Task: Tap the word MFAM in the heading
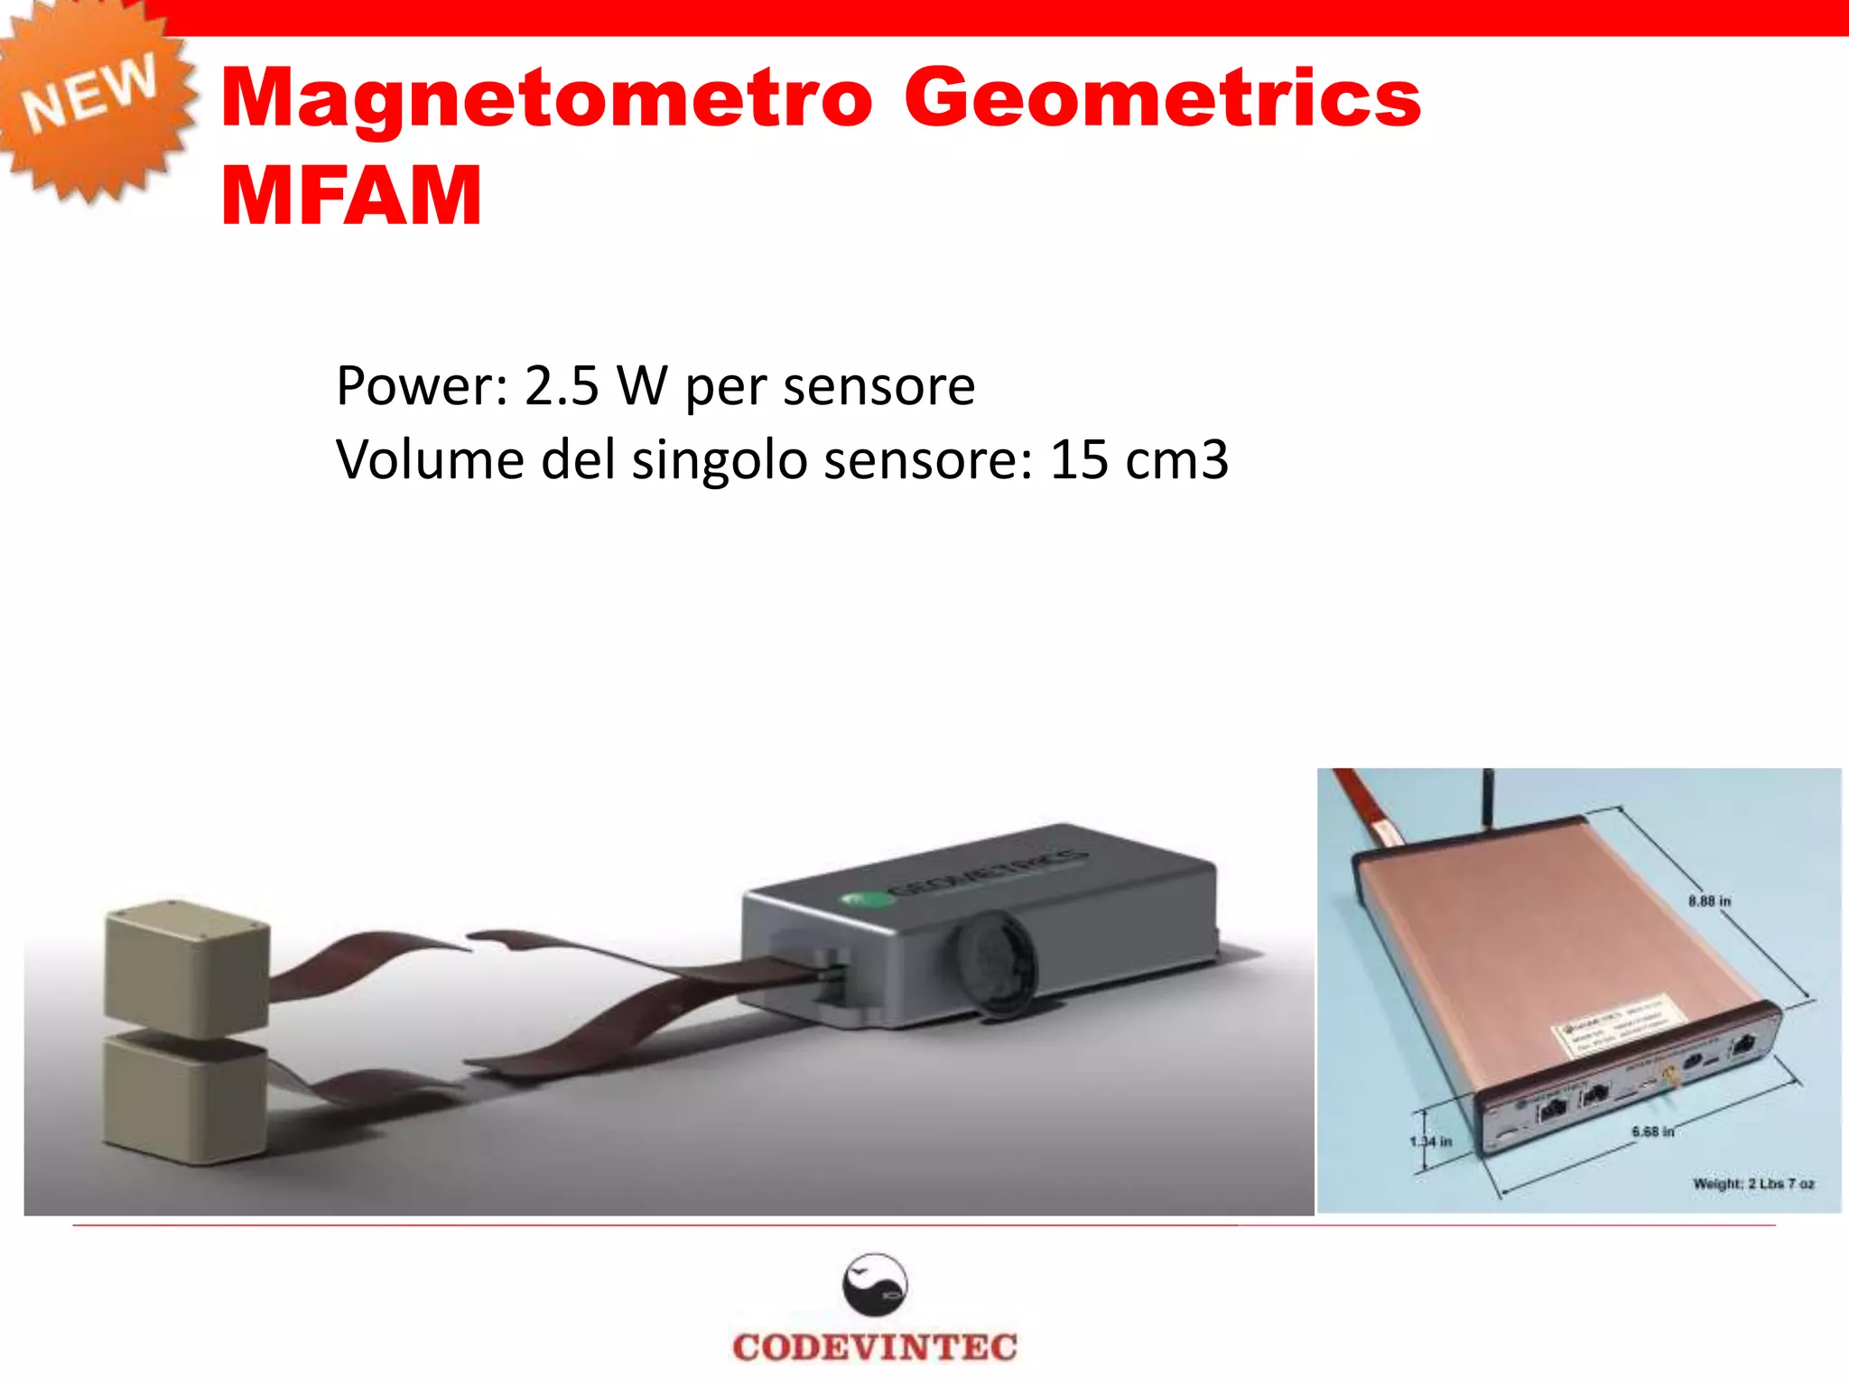tap(351, 196)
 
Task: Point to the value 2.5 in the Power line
tap(562, 386)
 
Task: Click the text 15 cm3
tap(1138, 460)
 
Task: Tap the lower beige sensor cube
tap(185, 1098)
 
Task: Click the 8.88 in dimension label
tap(1709, 901)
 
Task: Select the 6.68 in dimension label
tap(1652, 1132)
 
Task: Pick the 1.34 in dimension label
tap(1431, 1141)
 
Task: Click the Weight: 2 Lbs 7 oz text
tap(1752, 1183)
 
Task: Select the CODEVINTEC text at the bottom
tap(874, 1347)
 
